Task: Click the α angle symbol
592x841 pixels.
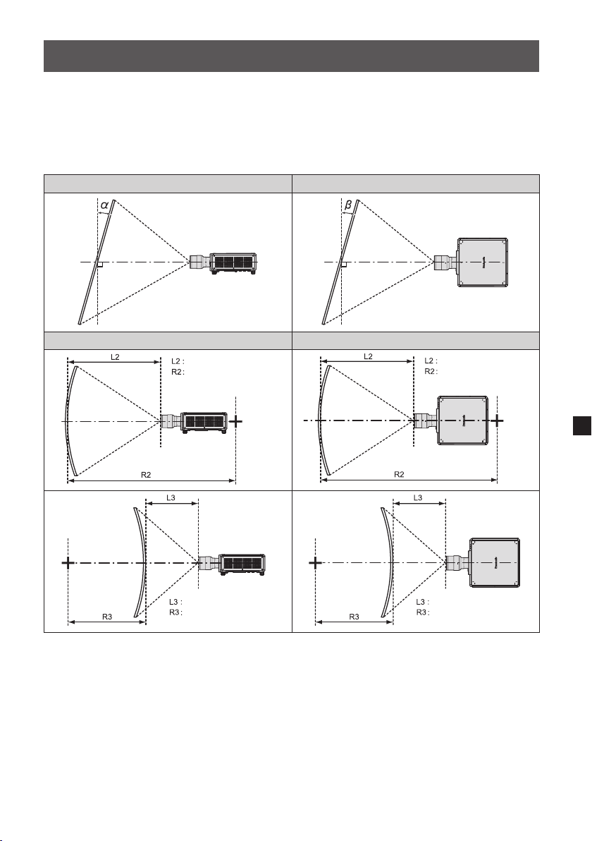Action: coord(104,205)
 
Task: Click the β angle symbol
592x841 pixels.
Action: coord(348,205)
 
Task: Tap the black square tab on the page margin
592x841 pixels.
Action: coord(582,425)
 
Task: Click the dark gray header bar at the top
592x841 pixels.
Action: coord(291,56)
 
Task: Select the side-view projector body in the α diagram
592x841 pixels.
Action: coord(233,262)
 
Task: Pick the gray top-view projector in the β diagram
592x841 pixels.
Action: coord(482,262)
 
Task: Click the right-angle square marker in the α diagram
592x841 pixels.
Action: coord(99,265)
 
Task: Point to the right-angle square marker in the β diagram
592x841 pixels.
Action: coord(344,265)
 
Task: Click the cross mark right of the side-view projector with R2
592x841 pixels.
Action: coord(235,422)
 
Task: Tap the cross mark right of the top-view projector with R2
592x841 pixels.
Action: coord(498,420)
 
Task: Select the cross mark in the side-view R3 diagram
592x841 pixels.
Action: coord(68,562)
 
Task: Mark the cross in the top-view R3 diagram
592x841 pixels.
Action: coord(315,562)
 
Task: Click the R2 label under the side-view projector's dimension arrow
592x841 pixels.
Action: coord(146,475)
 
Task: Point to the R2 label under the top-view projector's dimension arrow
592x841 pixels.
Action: coord(399,475)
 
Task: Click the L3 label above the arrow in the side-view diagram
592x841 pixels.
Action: coord(171,497)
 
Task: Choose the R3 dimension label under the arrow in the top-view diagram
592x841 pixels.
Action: coord(354,617)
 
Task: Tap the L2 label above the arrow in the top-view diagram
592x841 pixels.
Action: coord(368,357)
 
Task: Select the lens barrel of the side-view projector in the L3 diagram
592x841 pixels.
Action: coord(209,563)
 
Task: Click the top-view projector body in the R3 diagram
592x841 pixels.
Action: coord(495,562)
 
